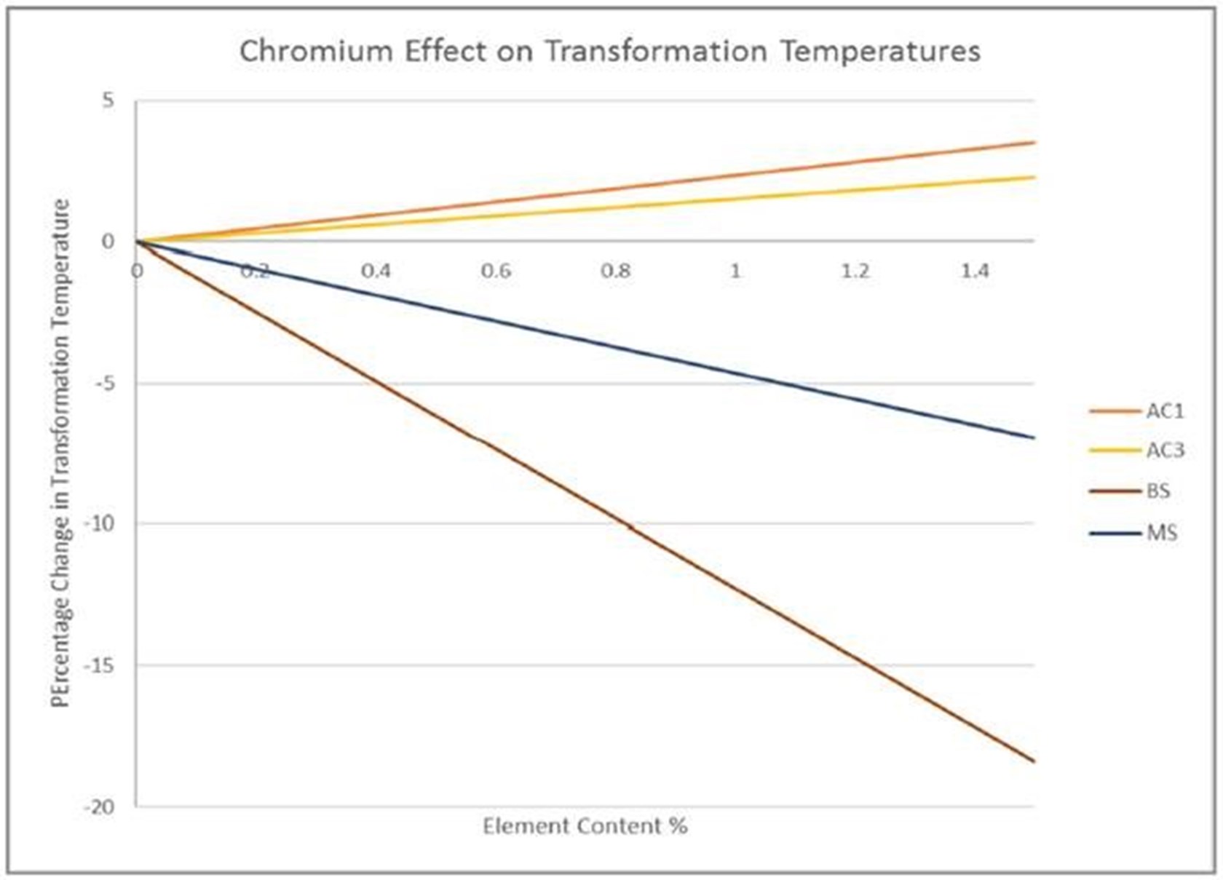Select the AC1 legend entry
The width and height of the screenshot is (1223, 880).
click(1164, 411)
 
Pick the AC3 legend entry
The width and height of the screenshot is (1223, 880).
click(1164, 451)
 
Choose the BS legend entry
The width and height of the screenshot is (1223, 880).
click(1157, 491)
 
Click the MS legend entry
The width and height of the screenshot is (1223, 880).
click(1161, 534)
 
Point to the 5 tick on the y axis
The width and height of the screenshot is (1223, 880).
click(108, 100)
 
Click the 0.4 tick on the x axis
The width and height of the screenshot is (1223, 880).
click(376, 271)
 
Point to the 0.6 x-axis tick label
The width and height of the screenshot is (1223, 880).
click(496, 271)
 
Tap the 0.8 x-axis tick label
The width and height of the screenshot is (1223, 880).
click(616, 271)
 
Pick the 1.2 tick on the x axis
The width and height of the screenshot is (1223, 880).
click(855, 271)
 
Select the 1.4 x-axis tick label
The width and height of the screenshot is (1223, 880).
click(975, 271)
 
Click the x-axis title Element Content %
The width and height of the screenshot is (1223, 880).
click(585, 827)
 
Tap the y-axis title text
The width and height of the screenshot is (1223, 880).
click(61, 453)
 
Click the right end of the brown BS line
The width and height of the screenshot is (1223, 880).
click(1032, 761)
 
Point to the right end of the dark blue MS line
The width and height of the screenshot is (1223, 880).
click(1032, 437)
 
